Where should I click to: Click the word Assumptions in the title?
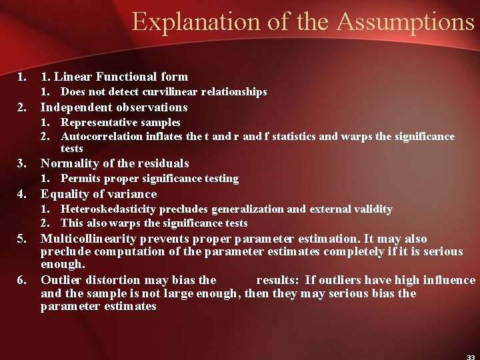(x=405, y=21)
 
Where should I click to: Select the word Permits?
(x=80, y=179)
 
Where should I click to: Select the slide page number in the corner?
(x=471, y=356)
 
